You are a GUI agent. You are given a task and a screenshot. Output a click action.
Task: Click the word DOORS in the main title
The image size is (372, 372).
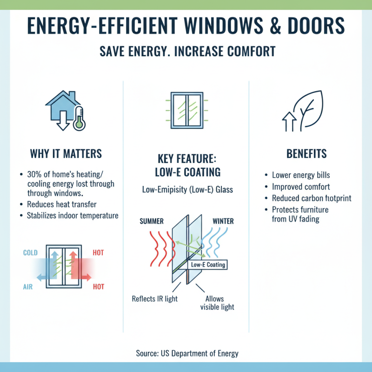[x=319, y=26]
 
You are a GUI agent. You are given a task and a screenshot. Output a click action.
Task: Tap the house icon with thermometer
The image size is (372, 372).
[x=65, y=112]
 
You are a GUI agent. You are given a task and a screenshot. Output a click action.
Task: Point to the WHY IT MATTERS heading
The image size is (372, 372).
[x=66, y=154]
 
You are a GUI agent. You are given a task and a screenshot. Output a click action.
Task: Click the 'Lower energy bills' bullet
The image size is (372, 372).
[x=302, y=175]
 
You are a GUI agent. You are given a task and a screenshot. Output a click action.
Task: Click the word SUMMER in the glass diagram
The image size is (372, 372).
[x=152, y=221]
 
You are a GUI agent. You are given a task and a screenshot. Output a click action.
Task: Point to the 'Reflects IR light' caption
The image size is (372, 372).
[x=155, y=299]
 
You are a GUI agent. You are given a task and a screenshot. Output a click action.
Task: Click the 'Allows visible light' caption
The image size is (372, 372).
[x=217, y=302]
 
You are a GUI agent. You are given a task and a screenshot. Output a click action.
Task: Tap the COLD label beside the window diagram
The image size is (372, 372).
[x=31, y=253]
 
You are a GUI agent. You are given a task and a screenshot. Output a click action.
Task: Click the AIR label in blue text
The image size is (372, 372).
[x=28, y=287]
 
